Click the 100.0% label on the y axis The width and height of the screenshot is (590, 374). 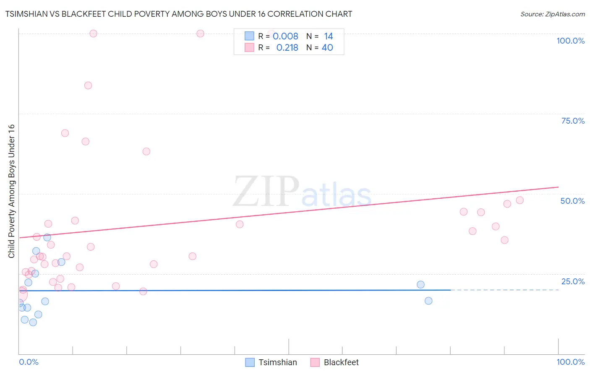570,41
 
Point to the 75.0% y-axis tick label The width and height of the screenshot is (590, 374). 573,121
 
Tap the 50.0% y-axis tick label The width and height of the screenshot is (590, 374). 572,201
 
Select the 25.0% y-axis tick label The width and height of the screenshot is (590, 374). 573,281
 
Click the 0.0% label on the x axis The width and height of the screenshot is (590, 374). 29,362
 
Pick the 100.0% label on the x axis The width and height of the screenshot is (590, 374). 570,362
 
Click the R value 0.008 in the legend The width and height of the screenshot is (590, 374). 285,36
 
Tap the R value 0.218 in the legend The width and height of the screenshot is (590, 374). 287,48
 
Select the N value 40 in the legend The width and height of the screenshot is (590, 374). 327,48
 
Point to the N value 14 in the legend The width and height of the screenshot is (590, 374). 328,36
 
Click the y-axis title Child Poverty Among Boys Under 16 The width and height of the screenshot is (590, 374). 11,191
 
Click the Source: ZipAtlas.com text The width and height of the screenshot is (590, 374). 552,14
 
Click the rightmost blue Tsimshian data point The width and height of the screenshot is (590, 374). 428,301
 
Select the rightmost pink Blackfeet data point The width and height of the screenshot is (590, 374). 520,200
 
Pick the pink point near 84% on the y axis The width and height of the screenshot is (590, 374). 88,86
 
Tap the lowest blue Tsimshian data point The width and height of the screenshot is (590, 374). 33,322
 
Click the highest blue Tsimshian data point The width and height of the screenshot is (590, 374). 47,237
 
